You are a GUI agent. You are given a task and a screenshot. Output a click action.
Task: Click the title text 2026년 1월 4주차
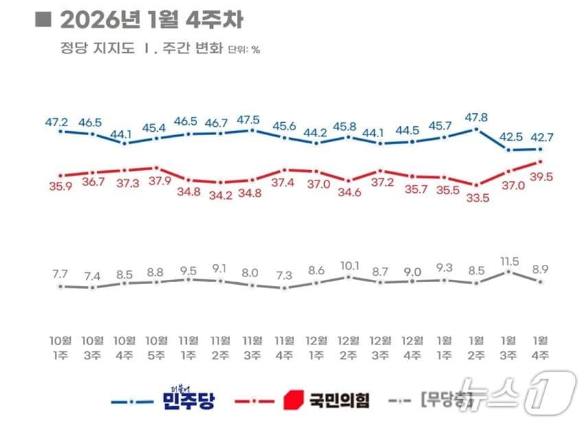[x=150, y=20]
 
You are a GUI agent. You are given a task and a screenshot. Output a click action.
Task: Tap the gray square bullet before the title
[x=43, y=19]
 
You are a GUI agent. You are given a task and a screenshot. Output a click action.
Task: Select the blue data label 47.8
[x=476, y=117]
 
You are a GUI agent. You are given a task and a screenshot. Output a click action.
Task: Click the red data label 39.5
[x=541, y=177]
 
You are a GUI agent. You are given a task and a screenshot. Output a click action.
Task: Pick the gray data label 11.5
[x=508, y=261]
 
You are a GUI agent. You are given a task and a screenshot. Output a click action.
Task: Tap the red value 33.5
[x=477, y=198]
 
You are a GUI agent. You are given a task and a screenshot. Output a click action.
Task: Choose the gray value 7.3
[x=284, y=274]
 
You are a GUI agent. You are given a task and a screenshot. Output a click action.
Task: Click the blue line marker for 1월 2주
[x=477, y=129]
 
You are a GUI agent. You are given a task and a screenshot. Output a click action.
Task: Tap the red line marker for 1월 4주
[x=540, y=162]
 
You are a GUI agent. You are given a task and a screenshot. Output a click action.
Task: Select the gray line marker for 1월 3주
[x=508, y=272]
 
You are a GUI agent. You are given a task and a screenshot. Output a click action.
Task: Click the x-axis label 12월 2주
[x=349, y=347]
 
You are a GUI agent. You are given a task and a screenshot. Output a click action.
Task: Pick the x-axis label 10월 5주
[x=157, y=347]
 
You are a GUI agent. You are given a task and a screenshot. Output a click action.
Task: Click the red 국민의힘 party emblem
[x=293, y=399]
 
